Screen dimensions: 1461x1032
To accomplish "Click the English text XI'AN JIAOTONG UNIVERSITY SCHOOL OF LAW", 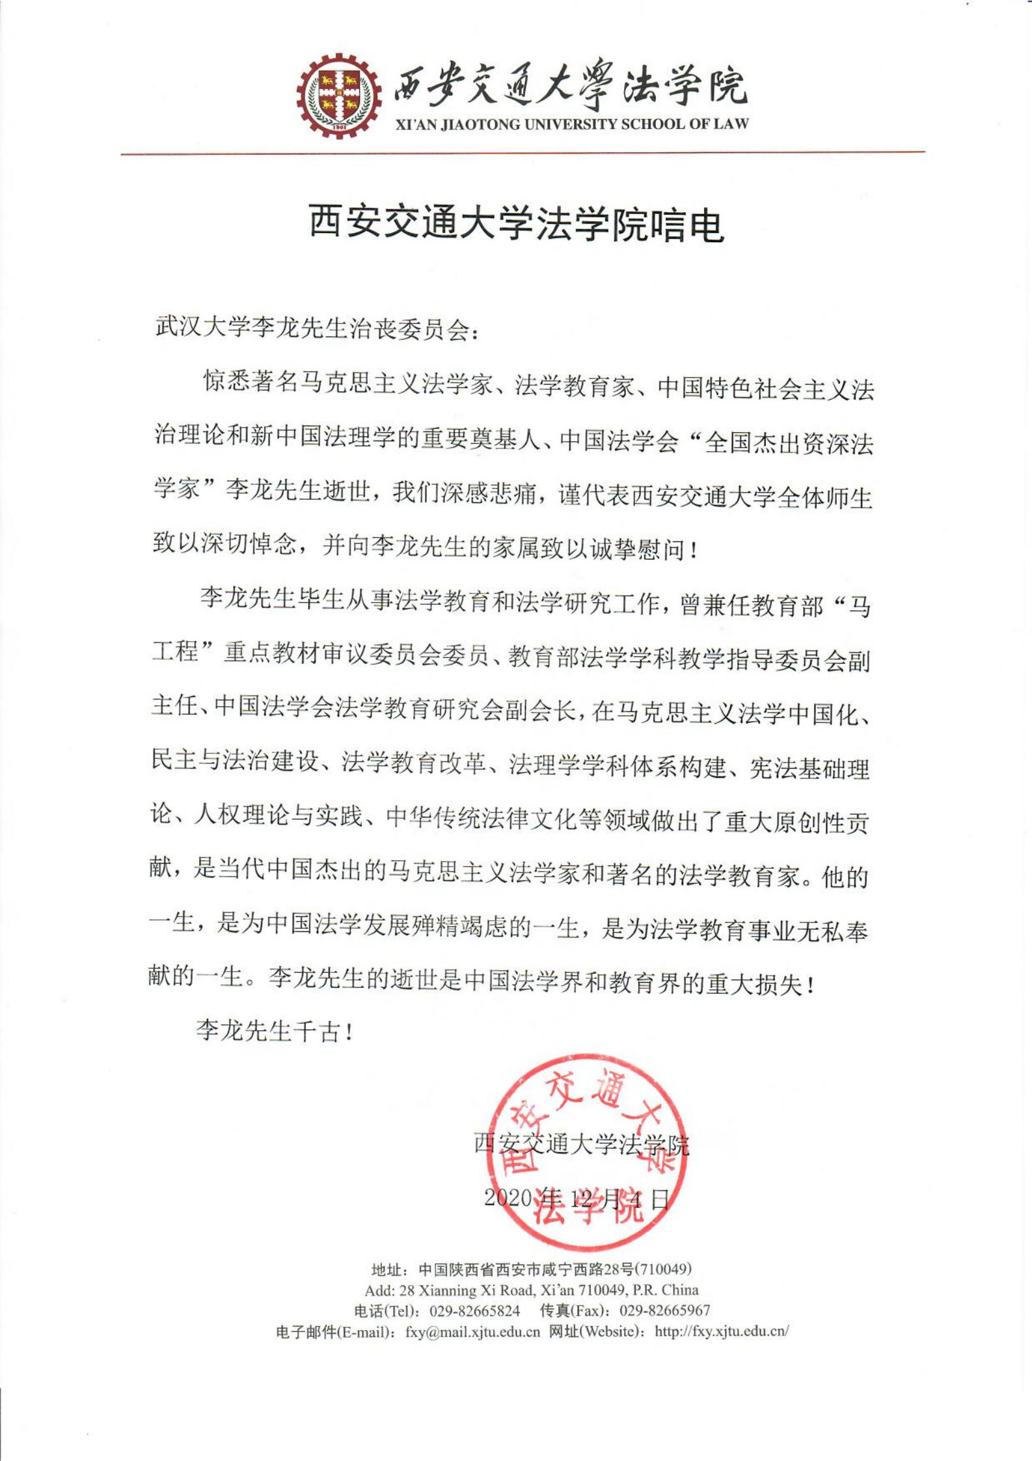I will (573, 124).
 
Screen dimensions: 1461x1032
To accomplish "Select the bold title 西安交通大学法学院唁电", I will (516, 224).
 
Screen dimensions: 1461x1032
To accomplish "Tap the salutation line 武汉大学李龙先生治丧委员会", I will (319, 327).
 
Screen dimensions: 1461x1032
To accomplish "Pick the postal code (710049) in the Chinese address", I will (663, 1269).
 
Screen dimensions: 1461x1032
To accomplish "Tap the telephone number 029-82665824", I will (474, 1310).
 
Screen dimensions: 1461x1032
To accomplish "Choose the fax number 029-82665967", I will (664, 1310).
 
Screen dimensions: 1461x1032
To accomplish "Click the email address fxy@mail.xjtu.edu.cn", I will (472, 1331).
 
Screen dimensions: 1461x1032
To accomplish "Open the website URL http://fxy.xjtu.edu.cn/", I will (722, 1331).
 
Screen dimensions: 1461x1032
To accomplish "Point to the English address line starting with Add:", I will (531, 1290).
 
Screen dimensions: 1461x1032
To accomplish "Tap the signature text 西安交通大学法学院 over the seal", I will (581, 1143).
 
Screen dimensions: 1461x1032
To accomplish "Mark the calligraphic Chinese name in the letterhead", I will (569, 86).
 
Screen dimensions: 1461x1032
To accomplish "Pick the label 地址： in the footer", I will (390, 1270).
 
